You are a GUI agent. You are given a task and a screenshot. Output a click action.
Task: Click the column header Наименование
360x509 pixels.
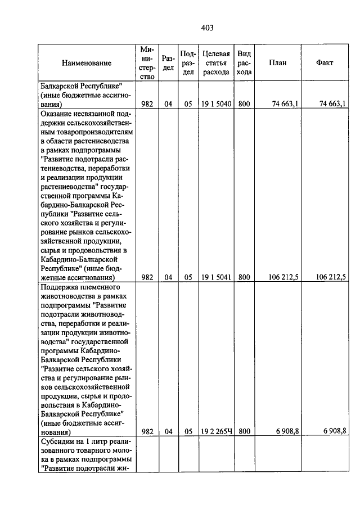87,63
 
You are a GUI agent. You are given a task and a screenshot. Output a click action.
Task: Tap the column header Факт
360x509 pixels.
325,63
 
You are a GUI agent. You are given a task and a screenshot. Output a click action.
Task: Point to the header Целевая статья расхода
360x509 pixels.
216,63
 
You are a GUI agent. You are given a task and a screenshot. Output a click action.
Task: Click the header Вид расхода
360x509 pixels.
244,63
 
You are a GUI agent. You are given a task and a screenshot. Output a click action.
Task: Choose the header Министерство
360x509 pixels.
147,63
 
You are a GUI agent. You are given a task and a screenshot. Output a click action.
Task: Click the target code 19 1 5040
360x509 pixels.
216,103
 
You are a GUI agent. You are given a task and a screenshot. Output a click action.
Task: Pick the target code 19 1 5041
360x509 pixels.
216,277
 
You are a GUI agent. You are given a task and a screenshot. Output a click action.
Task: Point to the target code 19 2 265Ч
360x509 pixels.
216,431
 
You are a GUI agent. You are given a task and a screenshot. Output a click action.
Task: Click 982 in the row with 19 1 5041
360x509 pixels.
147,277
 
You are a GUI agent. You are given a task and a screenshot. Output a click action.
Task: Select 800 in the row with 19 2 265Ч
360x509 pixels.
244,431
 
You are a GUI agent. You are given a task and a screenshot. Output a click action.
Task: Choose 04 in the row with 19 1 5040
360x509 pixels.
168,103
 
